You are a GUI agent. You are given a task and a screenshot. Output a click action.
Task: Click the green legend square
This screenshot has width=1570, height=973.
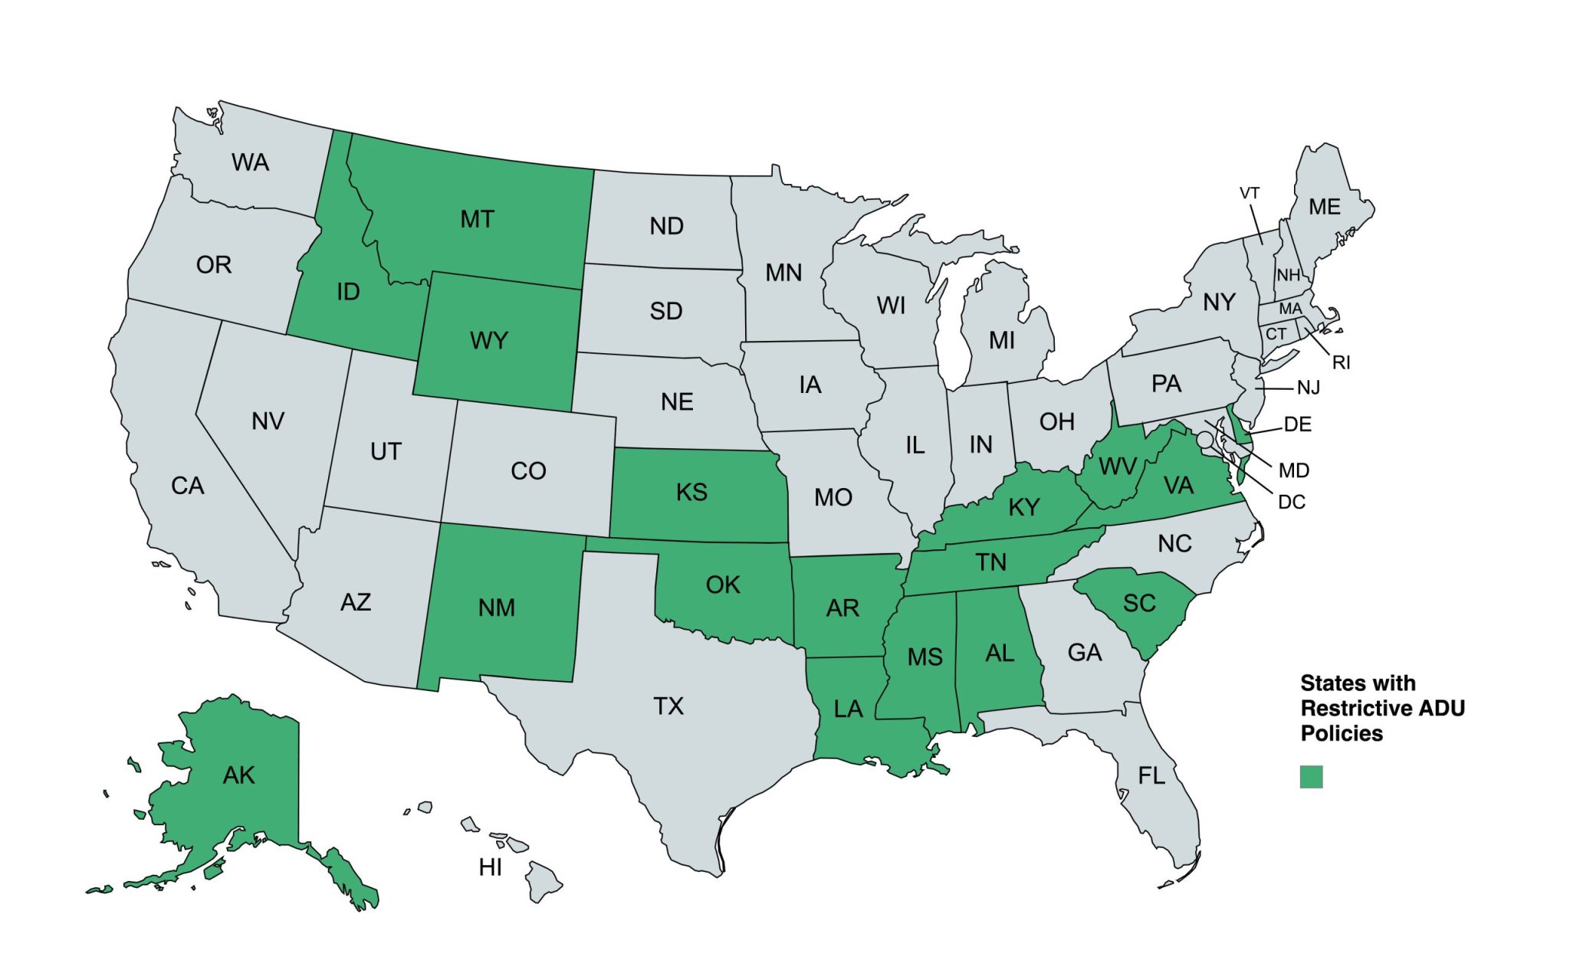click(x=1311, y=777)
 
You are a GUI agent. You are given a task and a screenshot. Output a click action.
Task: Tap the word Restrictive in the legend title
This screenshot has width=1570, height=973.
click(x=1346, y=708)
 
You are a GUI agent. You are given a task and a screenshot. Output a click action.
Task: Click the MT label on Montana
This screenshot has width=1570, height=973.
click(x=477, y=220)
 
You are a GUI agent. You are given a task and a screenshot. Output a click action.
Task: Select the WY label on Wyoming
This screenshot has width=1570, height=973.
click(x=488, y=340)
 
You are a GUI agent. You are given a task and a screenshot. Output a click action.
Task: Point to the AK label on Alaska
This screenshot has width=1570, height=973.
click(x=238, y=775)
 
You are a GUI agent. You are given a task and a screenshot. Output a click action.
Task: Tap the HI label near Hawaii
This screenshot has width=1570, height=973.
click(x=490, y=867)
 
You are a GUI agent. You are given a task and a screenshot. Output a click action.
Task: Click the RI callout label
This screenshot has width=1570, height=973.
click(x=1341, y=362)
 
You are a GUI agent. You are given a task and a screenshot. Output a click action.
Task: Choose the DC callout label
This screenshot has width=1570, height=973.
click(x=1291, y=503)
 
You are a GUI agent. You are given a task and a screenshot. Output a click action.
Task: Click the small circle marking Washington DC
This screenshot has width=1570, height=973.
click(x=1205, y=439)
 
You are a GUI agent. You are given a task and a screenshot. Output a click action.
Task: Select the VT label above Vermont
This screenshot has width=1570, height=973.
click(x=1250, y=194)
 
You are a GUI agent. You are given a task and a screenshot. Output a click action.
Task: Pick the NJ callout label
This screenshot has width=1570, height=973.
click(x=1308, y=388)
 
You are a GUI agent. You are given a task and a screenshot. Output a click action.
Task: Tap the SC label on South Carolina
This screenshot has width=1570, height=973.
click(x=1139, y=604)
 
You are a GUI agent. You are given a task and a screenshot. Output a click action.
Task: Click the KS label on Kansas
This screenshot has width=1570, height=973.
click(x=691, y=493)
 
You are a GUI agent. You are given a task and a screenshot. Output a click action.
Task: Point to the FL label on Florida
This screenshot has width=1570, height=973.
click(x=1151, y=776)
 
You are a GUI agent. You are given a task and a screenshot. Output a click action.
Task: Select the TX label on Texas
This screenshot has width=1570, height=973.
click(x=668, y=706)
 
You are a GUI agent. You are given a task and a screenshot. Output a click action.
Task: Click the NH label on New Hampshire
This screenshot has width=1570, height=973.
click(x=1288, y=275)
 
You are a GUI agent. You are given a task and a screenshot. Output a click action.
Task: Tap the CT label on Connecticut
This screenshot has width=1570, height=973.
click(x=1276, y=334)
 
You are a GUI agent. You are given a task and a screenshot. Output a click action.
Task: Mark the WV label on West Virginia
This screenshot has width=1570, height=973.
click(x=1118, y=467)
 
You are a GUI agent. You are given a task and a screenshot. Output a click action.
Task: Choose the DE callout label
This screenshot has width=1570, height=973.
click(x=1297, y=424)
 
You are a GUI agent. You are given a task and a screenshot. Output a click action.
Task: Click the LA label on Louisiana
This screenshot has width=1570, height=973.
click(x=848, y=709)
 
